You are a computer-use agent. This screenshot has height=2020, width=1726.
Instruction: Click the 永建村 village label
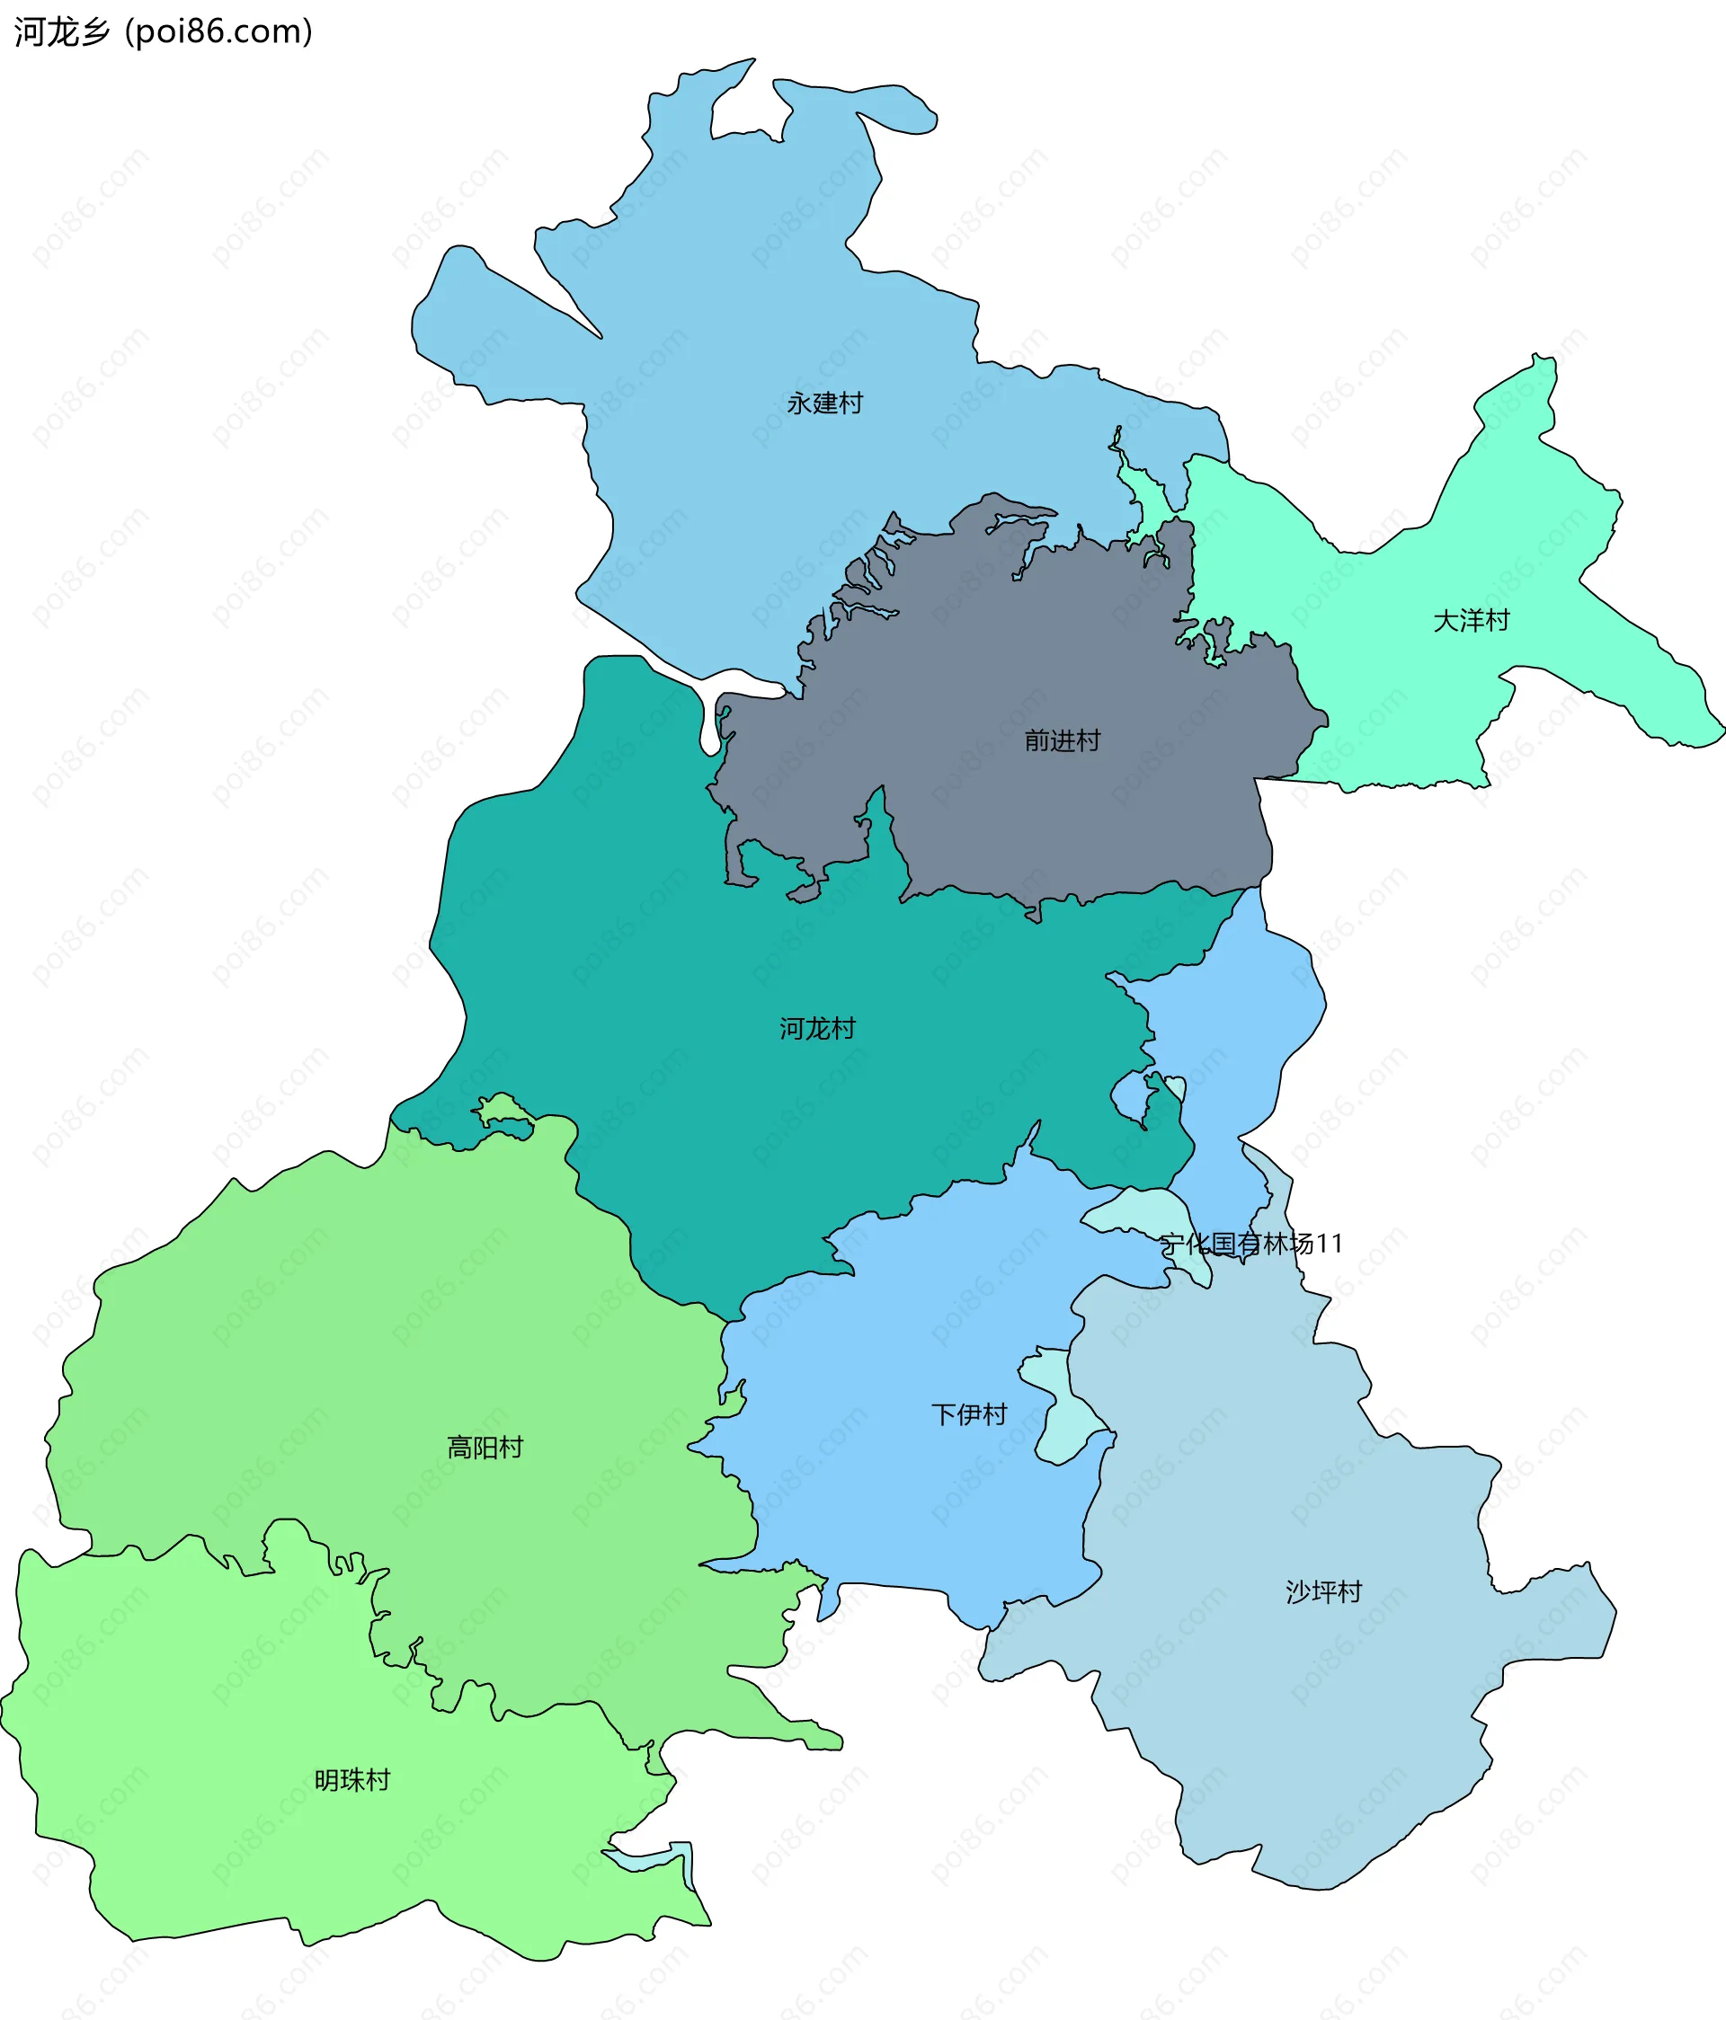click(x=825, y=403)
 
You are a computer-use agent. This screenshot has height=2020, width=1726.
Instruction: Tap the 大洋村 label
click(x=1471, y=621)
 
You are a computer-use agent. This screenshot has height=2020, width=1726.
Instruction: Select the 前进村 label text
click(x=1062, y=741)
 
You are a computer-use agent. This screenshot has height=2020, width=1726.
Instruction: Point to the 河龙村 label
click(x=817, y=1029)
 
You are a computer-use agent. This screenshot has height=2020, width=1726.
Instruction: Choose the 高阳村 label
click(x=485, y=1448)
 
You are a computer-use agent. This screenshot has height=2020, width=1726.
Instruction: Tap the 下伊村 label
click(x=968, y=1414)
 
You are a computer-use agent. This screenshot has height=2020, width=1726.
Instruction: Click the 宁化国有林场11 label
click(x=1251, y=1244)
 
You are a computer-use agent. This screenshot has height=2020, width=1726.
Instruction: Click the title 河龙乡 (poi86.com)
click(x=164, y=32)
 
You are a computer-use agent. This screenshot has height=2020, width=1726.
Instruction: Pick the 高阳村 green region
click(x=390, y=1365)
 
